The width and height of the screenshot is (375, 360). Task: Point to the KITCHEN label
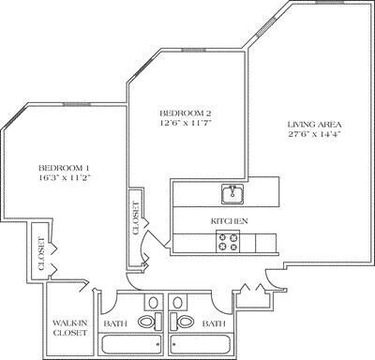pyautogui.click(x=228, y=220)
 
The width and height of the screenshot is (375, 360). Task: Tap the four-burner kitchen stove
pyautogui.click(x=229, y=243)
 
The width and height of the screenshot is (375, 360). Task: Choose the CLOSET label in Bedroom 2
pyautogui.click(x=136, y=217)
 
